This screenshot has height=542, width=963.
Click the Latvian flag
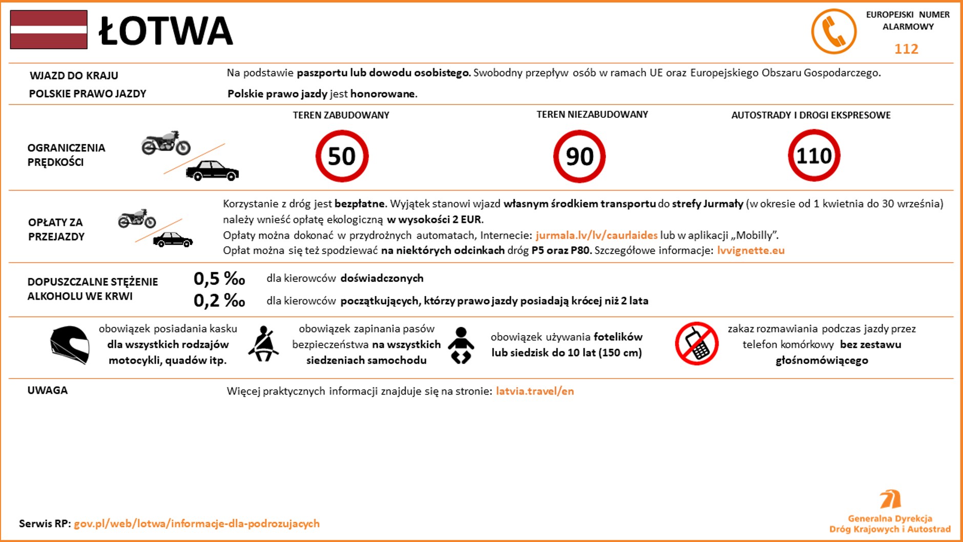49,30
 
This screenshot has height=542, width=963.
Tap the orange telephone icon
833,31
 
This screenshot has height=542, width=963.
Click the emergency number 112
906,49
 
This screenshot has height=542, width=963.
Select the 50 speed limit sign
342,156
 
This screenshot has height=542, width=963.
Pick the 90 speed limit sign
579,156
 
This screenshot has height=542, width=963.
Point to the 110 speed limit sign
813,156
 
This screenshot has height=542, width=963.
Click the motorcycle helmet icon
70,345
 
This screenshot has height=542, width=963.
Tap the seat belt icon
264,344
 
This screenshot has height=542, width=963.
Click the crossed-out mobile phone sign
697,344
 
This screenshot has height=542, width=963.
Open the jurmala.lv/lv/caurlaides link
596,235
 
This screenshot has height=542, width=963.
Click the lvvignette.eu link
750,251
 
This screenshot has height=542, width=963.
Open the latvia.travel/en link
535,391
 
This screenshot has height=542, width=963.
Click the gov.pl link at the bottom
197,524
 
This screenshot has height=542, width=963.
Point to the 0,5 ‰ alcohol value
219,279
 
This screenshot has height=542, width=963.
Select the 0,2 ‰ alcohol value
219,300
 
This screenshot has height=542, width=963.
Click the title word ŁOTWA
165,31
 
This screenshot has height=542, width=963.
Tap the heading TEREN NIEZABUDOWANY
592,115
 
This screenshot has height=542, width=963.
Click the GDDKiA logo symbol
890,499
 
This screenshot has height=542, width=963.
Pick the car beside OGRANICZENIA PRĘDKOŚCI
212,171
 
